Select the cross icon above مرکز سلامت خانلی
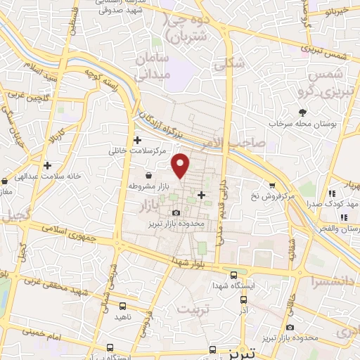pos(138,141)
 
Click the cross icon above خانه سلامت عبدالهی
pos(47,166)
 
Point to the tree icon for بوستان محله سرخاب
pos(303,112)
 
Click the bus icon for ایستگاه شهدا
pos(233,276)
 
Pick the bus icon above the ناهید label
pos(123,306)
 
